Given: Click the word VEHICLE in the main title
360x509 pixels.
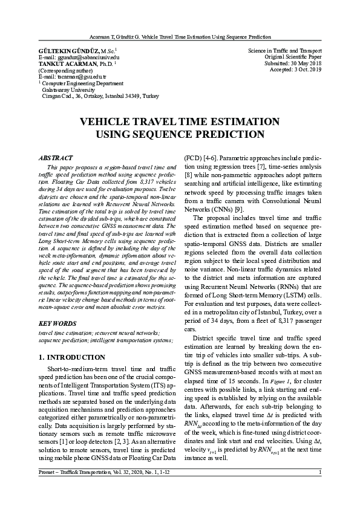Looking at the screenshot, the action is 107,122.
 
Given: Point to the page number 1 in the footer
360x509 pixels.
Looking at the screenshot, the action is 319,497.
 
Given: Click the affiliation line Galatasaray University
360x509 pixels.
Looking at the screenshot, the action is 67,89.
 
